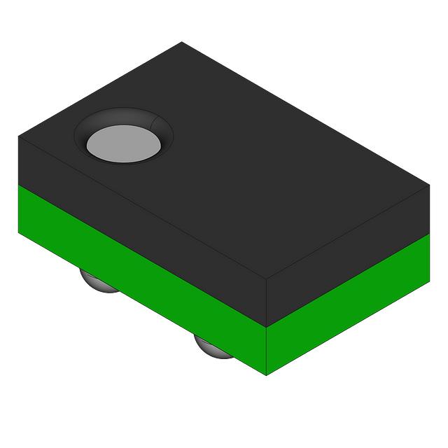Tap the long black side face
coord(140,210)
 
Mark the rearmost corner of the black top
coord(182,42)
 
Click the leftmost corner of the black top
coord(18,137)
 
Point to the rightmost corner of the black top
coord(429,186)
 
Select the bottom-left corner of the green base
coord(18,234)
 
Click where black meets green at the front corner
coord(267,328)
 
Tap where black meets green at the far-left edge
coord(18,185)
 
